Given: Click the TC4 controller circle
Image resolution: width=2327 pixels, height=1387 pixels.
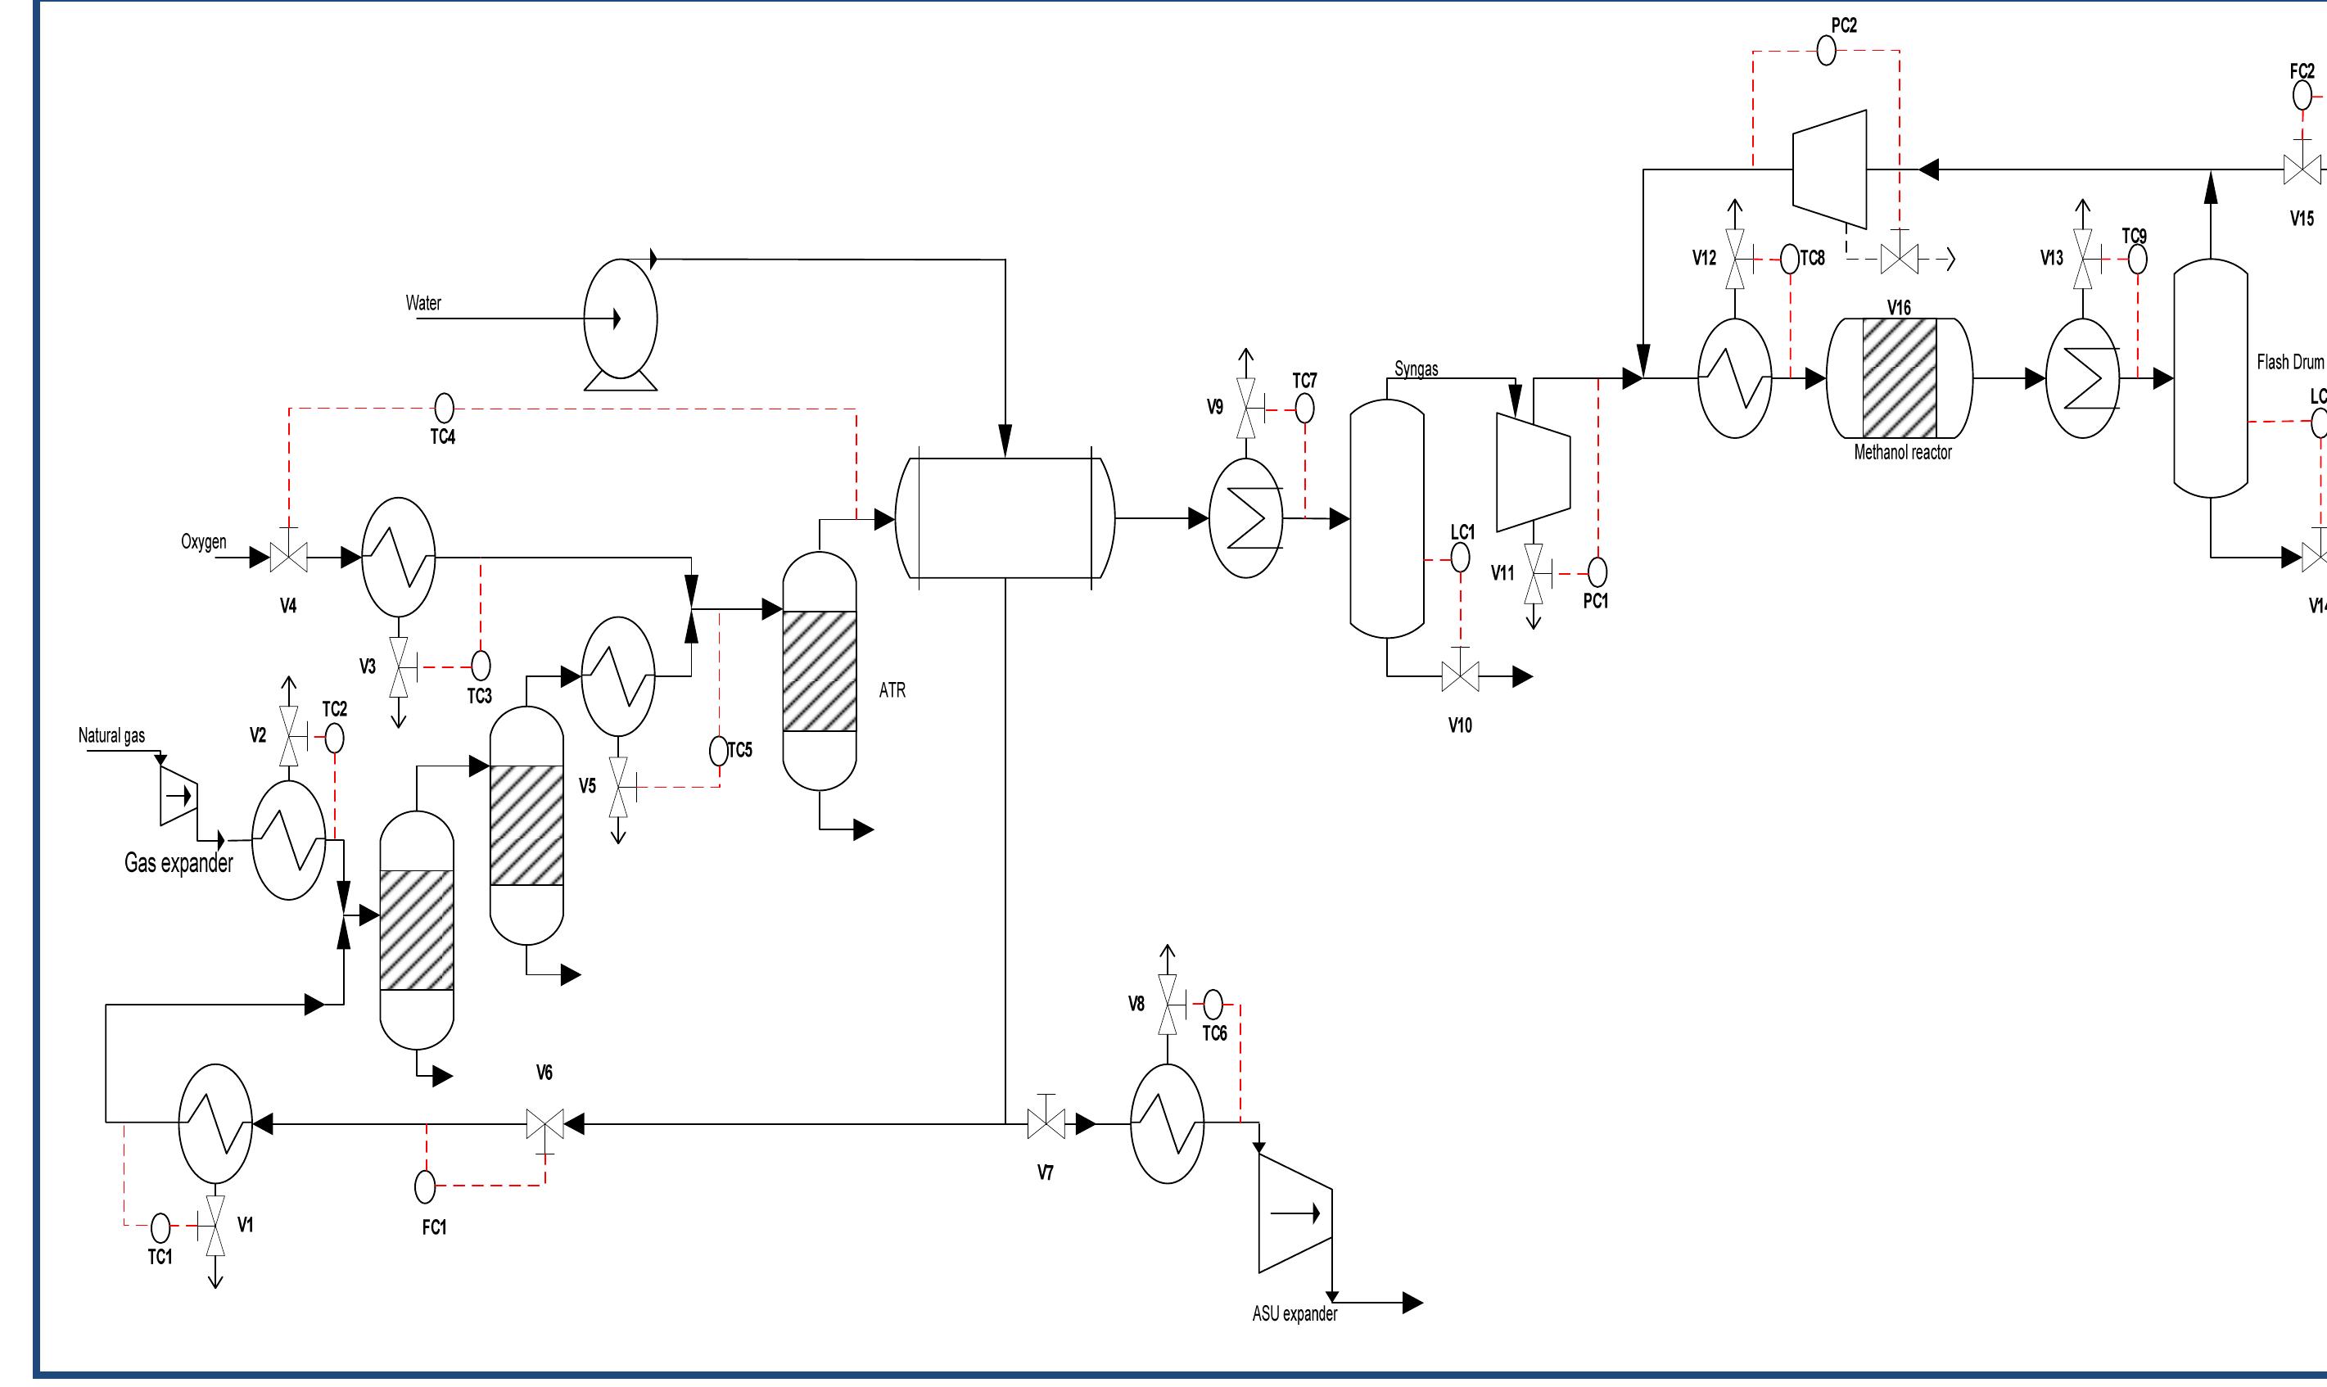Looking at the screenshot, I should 445,408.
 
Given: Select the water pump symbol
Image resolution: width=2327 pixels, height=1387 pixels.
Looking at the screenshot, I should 621,319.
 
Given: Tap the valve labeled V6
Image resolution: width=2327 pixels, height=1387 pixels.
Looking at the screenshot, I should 544,1123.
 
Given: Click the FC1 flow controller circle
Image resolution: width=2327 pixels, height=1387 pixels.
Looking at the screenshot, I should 425,1186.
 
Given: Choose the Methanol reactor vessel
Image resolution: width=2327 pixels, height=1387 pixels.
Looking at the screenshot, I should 1899,377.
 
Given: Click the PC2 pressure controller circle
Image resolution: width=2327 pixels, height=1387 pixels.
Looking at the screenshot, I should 1826,51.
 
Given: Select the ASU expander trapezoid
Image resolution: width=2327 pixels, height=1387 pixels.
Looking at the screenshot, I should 1295,1213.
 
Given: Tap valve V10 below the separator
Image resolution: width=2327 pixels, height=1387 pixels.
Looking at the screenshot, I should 1461,675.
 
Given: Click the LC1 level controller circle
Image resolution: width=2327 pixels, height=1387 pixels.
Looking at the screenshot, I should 1460,558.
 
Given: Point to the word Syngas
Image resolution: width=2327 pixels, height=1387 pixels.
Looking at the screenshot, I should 1416,369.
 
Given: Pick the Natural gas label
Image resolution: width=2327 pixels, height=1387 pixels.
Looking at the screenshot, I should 111,735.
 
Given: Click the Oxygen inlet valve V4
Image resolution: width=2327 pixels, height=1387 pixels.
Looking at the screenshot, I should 289,558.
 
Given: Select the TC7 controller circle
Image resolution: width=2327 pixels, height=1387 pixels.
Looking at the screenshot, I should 1304,409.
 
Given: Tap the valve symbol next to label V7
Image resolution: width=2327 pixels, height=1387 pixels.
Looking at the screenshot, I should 1046,1123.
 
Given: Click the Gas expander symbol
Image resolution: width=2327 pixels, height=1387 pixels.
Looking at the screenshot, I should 178,797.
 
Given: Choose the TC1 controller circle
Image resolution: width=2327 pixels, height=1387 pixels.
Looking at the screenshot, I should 160,1227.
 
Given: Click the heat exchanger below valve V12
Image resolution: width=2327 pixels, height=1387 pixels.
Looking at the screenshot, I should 1734,377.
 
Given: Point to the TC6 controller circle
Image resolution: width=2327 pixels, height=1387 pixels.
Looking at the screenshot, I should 1213,1005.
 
